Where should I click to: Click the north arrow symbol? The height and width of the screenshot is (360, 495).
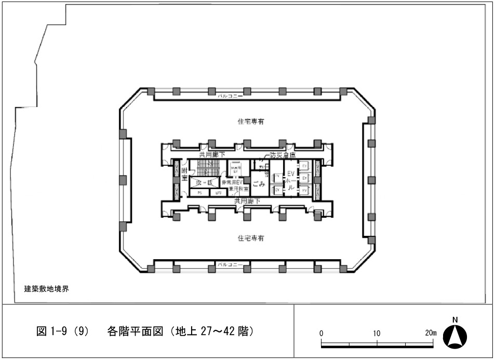point(454,337)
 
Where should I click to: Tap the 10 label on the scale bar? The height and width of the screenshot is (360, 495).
point(377,333)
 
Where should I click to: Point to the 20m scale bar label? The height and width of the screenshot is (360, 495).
point(431,333)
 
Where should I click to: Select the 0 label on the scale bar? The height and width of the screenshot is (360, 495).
point(322,333)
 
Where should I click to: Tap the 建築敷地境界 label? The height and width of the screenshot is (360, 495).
point(47,289)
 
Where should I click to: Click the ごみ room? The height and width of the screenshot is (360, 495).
point(259,184)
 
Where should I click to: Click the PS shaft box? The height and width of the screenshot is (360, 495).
point(199,193)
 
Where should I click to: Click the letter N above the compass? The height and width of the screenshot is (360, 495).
point(454,319)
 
